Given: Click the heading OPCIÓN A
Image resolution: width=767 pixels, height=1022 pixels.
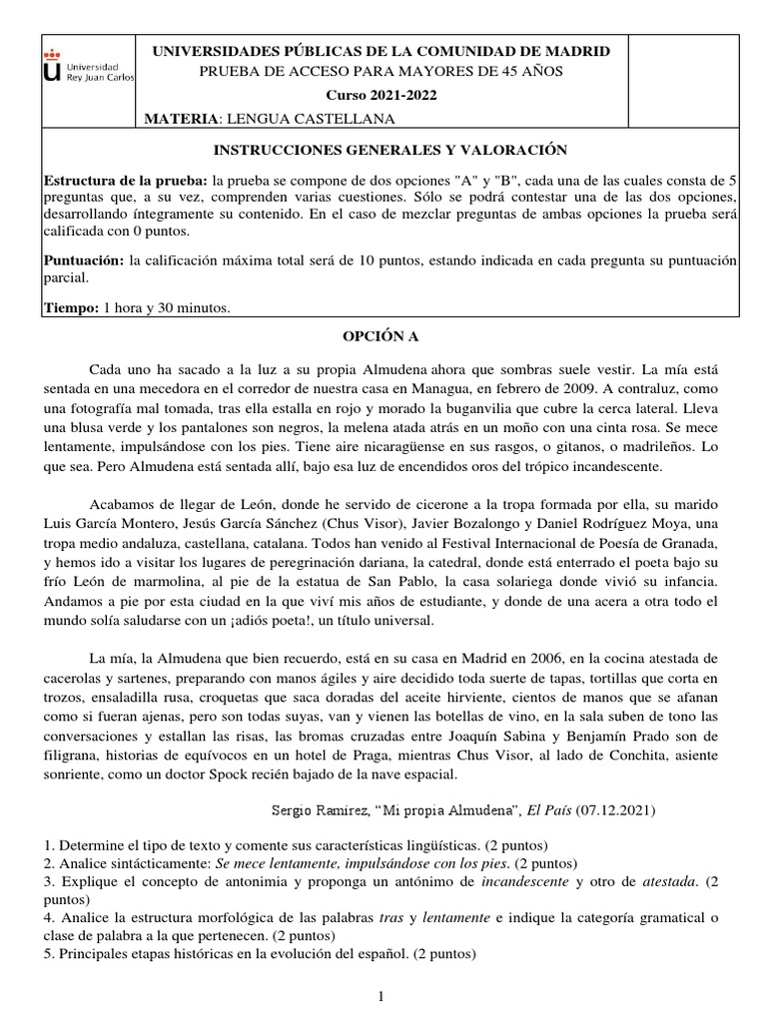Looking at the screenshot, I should (383, 339).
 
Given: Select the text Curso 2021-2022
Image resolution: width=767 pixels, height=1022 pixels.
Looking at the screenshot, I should (383, 95).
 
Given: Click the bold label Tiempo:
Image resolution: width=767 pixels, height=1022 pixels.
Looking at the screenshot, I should (71, 308).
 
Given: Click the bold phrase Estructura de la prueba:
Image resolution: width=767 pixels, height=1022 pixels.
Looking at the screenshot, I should (125, 181).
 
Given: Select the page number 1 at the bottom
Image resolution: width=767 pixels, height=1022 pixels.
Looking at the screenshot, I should (381, 996).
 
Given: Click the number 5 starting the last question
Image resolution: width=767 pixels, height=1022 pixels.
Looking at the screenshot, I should (45, 953).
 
